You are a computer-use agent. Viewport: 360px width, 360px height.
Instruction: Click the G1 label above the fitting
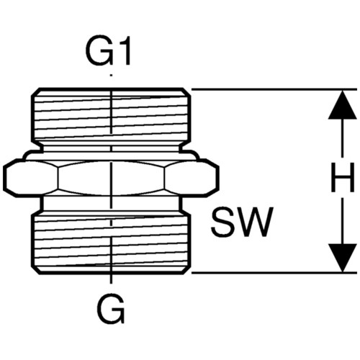108,50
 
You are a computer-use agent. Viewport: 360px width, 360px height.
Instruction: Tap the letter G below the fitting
112,308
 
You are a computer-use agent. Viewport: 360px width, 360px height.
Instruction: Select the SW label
242,222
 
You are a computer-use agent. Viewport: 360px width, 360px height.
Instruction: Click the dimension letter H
343,177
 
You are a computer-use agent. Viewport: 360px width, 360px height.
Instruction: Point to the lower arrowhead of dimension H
343,258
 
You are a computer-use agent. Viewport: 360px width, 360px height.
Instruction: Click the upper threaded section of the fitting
111,114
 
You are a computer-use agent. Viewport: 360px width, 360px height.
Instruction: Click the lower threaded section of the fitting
111,244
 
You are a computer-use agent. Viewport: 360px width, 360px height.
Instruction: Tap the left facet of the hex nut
31,178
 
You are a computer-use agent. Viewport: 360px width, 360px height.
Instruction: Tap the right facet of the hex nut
192,178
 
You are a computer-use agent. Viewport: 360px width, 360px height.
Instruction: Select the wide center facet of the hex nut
112,178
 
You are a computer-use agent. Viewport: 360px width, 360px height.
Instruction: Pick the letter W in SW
255,222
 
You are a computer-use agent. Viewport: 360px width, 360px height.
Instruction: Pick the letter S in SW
222,222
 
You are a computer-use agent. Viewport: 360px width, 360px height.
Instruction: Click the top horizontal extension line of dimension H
274,89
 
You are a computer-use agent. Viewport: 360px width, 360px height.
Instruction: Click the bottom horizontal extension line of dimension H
274,273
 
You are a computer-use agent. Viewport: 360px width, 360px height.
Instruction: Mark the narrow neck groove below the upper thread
111,146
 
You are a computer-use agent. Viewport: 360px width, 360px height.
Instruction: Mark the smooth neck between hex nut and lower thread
111,204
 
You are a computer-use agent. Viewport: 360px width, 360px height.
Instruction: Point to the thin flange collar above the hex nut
111,156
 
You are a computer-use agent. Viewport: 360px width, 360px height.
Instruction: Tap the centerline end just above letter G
111,282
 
